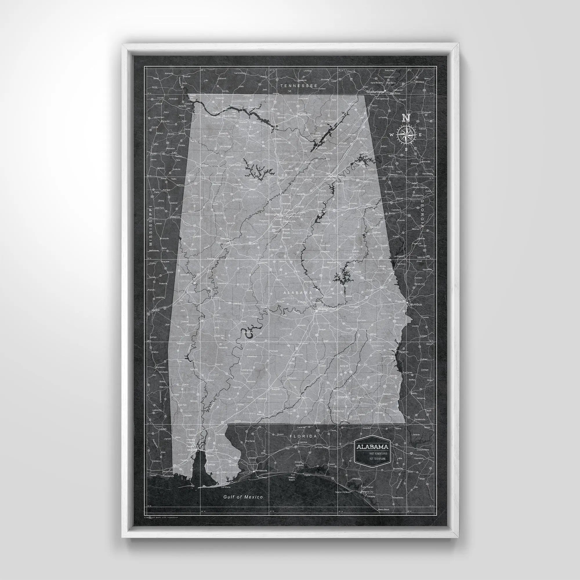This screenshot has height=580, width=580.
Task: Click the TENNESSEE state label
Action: [x=299, y=86]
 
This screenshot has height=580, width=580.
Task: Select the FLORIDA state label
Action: [x=303, y=436]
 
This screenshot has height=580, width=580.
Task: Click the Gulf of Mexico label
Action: [x=243, y=497]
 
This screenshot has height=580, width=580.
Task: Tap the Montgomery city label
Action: [x=327, y=308]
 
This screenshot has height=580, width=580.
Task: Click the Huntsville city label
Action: [x=304, y=114]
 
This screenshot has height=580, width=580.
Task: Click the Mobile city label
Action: [x=191, y=450]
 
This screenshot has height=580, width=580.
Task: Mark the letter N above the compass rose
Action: [x=406, y=118]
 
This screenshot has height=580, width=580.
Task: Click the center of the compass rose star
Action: [x=406, y=135]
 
